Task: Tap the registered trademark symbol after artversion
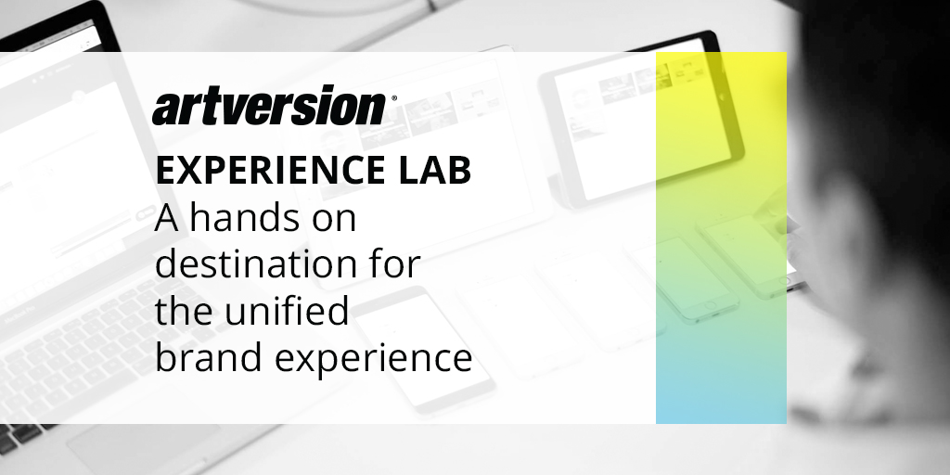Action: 393,97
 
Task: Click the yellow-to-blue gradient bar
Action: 721,237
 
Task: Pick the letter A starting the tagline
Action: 167,219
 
